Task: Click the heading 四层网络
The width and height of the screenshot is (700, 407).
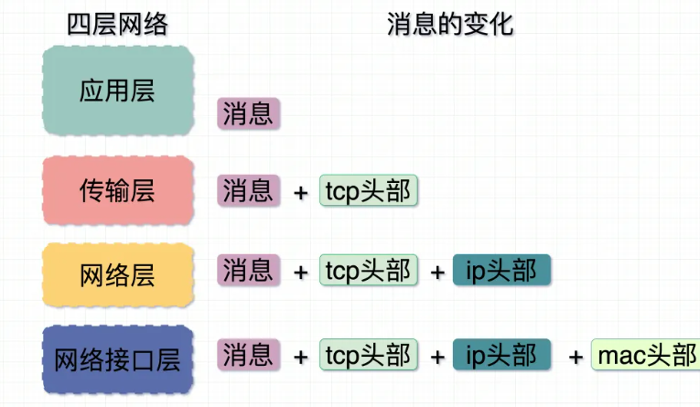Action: coord(117,25)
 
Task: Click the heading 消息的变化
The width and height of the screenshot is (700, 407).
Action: coord(450,25)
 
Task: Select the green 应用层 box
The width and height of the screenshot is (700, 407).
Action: coord(117,91)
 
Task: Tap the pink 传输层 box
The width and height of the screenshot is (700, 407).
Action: coord(117,190)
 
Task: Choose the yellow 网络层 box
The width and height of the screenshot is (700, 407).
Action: coord(117,273)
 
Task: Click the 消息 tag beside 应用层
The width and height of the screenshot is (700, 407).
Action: coord(248,114)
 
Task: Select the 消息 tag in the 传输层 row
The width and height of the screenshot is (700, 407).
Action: coord(248,190)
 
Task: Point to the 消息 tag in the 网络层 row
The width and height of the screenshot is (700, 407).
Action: coord(248,271)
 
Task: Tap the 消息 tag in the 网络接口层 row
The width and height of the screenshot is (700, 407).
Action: coord(248,354)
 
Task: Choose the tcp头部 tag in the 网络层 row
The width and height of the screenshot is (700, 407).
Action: coord(369,271)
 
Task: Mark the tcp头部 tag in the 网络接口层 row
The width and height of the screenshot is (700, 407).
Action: coord(369,354)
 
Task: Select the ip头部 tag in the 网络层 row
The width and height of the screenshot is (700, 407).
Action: coord(502,271)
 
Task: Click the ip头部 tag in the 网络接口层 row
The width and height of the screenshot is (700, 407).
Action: coord(502,354)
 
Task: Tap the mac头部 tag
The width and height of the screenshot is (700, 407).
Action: coord(646,354)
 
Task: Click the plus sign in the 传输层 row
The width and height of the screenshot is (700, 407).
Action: coord(300,193)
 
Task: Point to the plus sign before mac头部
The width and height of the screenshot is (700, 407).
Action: coord(576,357)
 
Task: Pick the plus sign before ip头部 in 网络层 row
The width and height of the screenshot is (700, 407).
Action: coord(436,273)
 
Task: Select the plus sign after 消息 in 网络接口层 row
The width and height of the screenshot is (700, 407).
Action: coord(300,357)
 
